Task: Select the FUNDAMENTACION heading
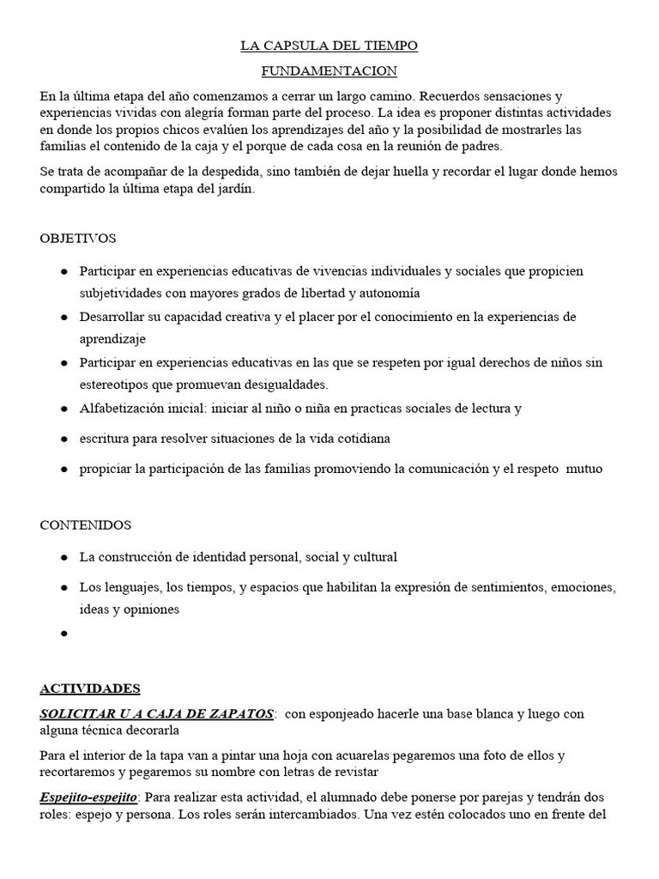point(329,71)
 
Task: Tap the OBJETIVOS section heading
point(78,238)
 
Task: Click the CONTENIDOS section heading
point(85,524)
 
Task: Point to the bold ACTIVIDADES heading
point(90,688)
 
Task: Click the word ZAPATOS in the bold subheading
point(238,713)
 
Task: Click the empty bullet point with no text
point(64,634)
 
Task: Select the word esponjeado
point(347,714)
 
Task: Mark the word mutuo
point(583,469)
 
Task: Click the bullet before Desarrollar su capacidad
point(64,318)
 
